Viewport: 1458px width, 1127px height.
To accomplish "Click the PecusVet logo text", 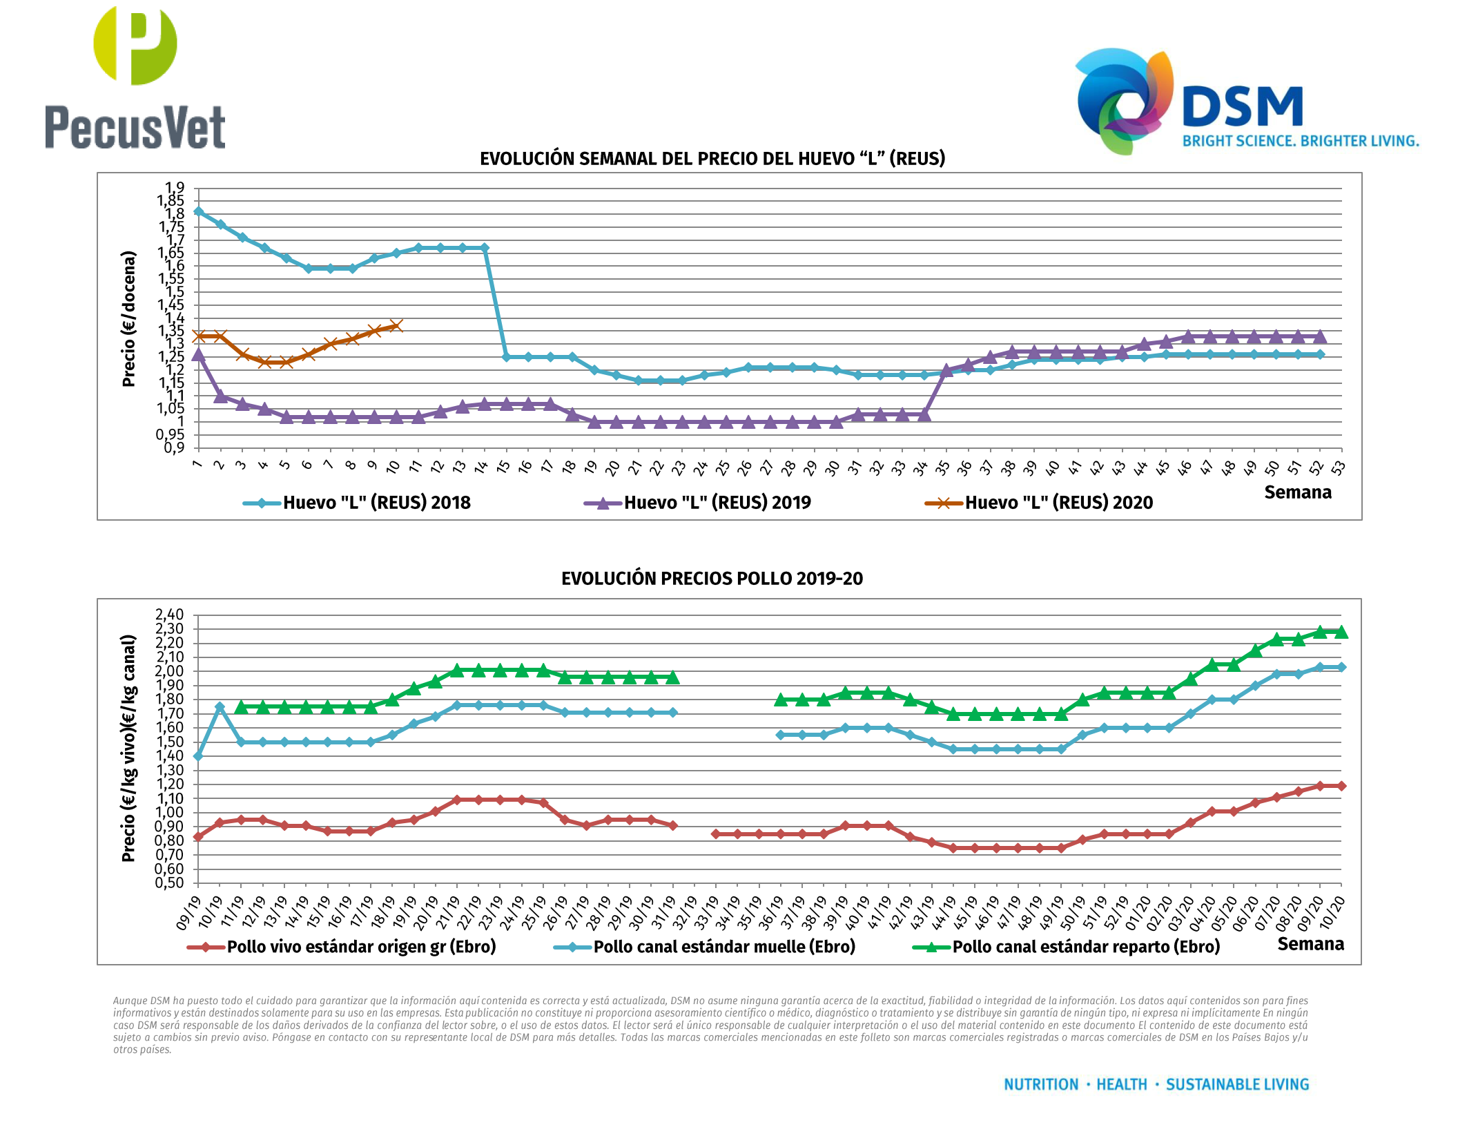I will click(x=135, y=127).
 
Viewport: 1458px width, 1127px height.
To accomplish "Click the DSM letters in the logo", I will click(x=1242, y=107).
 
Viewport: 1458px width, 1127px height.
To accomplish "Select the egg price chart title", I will click(x=712, y=159).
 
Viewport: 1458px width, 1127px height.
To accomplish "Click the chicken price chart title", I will click(x=712, y=579).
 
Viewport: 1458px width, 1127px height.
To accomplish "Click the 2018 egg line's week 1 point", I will click(x=199, y=211).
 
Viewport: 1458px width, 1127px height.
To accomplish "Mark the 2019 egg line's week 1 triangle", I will click(x=199, y=355).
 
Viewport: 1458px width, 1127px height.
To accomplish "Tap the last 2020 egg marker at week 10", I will click(x=396, y=326).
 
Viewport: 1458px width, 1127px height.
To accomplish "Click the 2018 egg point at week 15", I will click(x=506, y=357).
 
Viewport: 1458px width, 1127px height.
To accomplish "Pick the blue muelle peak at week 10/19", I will click(x=220, y=706).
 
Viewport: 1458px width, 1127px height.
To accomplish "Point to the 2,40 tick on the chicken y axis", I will click(x=170, y=615).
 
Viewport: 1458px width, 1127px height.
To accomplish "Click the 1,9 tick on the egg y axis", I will click(x=175, y=188).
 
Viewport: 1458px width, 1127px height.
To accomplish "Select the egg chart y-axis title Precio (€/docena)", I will click(x=128, y=318).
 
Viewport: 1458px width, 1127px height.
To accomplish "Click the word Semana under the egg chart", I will click(x=1297, y=492).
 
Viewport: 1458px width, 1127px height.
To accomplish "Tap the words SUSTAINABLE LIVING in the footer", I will click(x=1237, y=1084).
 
